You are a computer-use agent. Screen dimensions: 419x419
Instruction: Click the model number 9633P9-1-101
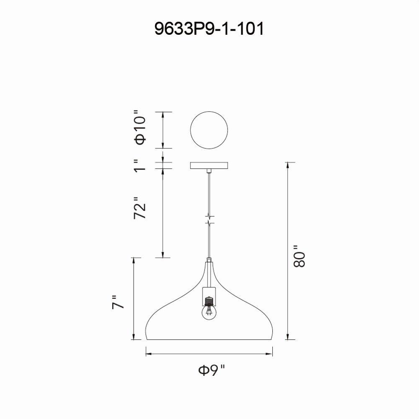(209, 28)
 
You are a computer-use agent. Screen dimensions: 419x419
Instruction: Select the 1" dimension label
(140, 166)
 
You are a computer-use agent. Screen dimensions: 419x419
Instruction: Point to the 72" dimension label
(140, 208)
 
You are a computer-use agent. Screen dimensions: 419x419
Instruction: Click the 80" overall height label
(299, 256)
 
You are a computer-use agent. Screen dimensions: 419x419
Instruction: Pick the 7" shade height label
(118, 302)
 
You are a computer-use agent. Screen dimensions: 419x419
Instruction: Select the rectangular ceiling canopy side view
(209, 166)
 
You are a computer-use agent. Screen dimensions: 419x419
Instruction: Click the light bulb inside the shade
(209, 313)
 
